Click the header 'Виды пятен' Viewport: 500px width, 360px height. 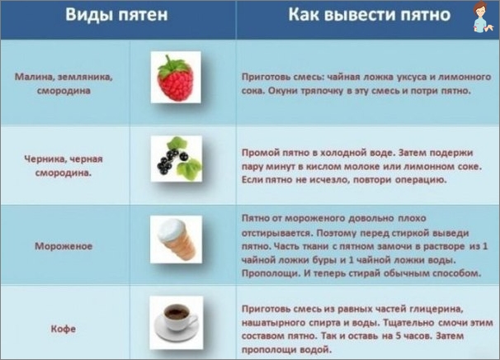click(x=116, y=15)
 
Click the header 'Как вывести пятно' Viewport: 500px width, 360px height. click(x=370, y=15)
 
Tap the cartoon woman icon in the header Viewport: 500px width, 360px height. click(x=482, y=17)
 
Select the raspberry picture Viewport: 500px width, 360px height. click(x=176, y=78)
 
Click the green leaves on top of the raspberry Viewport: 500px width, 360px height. click(x=174, y=65)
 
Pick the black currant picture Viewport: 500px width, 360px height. click(x=177, y=159)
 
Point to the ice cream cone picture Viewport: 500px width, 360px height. click(x=176, y=239)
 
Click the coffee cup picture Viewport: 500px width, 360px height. click(x=177, y=322)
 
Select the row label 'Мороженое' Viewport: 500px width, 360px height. click(x=64, y=246)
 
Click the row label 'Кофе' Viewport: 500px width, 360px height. click(x=64, y=329)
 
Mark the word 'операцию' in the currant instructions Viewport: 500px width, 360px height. click(x=421, y=180)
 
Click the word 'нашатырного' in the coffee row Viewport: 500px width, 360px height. click(x=273, y=323)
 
